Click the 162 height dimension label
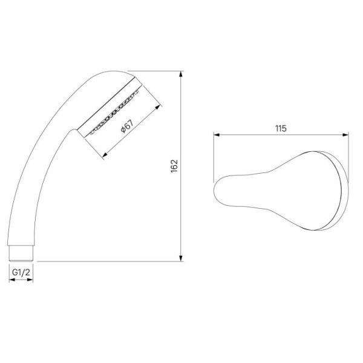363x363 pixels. pyautogui.click(x=174, y=166)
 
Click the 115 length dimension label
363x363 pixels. pyautogui.click(x=281, y=128)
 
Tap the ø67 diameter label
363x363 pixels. pyautogui.click(x=127, y=126)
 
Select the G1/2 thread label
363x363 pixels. pyautogui.click(x=21, y=272)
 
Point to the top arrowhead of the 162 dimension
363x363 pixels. pyautogui.click(x=181, y=74)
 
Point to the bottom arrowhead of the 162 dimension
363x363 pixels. pyautogui.click(x=181, y=258)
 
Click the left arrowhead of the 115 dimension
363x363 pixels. pyautogui.click(x=217, y=135)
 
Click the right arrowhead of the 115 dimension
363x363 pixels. pyautogui.click(x=345, y=135)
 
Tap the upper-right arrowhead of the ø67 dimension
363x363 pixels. pyautogui.click(x=157, y=108)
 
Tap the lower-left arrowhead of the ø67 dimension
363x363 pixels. pyautogui.click(x=105, y=154)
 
